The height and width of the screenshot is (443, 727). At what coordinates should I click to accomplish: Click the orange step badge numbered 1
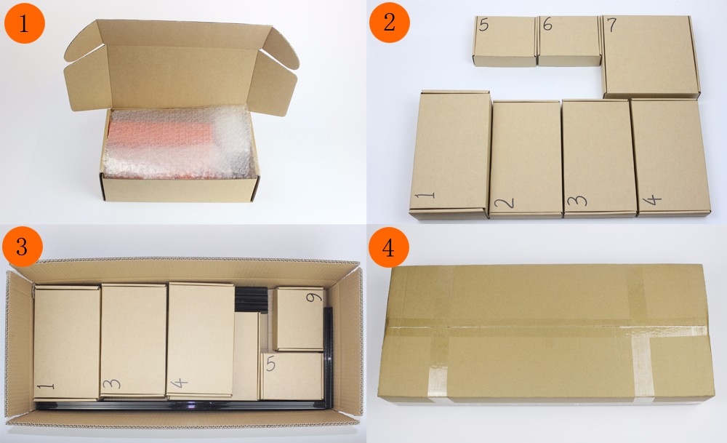point(24,23)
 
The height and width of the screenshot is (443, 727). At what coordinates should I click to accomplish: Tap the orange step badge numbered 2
point(390,23)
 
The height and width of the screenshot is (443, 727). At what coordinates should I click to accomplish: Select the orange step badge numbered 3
point(23,247)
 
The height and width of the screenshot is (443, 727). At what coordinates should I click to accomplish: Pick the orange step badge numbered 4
point(388,247)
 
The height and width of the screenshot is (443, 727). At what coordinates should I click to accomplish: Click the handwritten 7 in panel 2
point(612,24)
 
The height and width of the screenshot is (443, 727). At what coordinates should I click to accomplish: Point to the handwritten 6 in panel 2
point(547,24)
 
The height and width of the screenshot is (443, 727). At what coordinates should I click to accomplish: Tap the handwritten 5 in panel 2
point(483,25)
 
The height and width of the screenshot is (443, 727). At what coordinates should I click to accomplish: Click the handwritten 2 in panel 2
point(505,203)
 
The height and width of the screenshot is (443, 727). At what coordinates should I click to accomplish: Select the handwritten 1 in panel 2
point(425,195)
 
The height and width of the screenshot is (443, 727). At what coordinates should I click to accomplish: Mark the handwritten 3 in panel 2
point(577,201)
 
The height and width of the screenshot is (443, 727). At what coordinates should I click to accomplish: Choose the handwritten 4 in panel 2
point(652,200)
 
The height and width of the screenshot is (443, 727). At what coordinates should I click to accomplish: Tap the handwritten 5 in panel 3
point(270,364)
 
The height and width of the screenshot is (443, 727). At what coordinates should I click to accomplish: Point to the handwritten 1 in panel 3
point(45,386)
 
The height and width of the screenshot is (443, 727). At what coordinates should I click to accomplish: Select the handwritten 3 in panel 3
point(112,383)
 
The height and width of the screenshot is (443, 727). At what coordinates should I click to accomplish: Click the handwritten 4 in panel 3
point(179,383)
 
